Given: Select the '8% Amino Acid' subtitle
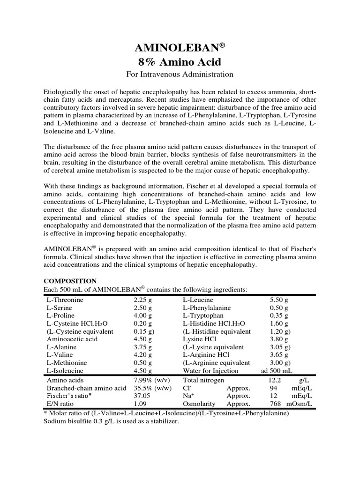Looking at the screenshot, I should [x=180, y=62].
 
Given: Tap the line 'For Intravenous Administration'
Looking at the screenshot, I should [x=180, y=74].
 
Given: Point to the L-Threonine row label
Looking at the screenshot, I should [x=64, y=300].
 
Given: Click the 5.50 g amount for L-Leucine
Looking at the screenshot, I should [x=279, y=300].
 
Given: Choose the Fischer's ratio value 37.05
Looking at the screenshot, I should [x=142, y=396].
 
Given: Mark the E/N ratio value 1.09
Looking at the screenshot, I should [x=140, y=404].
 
